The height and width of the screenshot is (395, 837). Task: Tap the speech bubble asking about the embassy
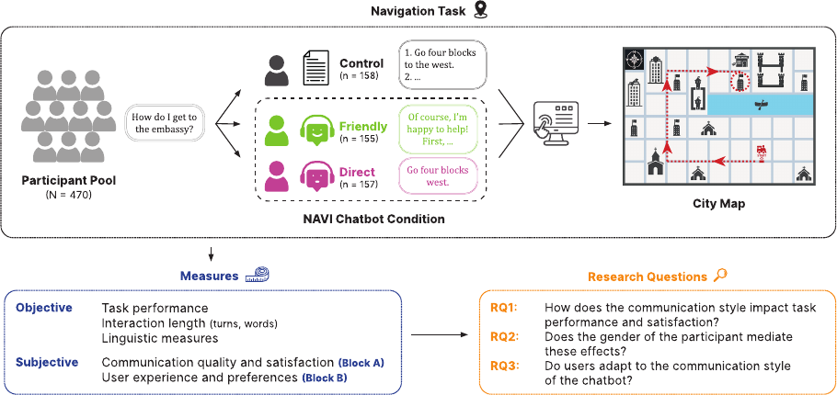point(166,124)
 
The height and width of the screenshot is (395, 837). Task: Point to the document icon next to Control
point(315,69)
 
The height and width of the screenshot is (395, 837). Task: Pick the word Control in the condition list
point(361,64)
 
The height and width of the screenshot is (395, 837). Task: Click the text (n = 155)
point(359,139)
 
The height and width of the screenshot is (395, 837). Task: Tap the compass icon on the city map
point(634,58)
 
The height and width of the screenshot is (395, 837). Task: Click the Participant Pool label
point(68,181)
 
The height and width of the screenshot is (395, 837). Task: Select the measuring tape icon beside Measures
point(258,275)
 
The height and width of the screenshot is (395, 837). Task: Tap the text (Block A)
point(361,363)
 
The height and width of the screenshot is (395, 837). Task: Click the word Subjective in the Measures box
point(47,363)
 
